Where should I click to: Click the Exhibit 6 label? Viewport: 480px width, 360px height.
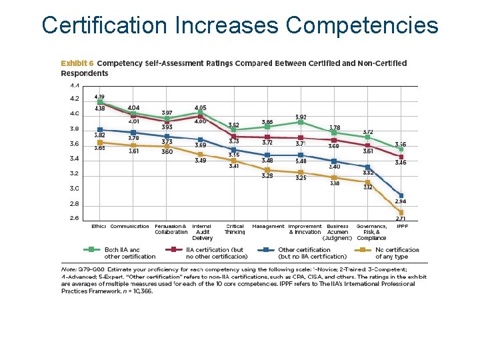point(77,63)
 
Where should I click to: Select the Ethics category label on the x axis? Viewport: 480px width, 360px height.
point(99,227)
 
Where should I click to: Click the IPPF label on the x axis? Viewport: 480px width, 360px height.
point(402,227)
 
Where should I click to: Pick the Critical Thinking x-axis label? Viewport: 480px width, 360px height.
point(235,229)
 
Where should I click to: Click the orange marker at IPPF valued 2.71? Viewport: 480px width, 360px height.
point(401,213)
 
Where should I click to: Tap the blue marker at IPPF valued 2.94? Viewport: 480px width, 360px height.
point(401,195)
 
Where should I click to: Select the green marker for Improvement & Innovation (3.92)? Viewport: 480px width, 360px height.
point(301,122)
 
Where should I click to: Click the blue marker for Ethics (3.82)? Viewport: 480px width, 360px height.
point(100,129)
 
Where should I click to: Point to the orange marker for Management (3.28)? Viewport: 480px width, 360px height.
point(267,170)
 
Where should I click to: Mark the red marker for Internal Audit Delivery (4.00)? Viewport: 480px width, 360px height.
point(201,116)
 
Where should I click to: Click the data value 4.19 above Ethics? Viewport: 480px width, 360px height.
point(99,97)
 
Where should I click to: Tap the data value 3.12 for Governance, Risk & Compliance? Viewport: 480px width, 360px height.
point(368,187)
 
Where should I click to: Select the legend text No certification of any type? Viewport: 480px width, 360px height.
point(397,253)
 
